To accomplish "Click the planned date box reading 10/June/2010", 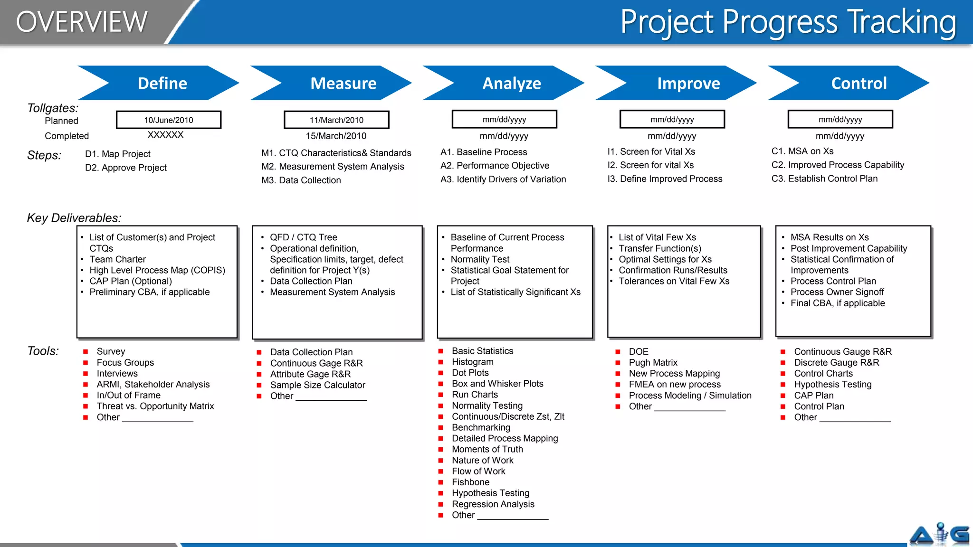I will tap(169, 120).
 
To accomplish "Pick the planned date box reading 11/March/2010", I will tap(336, 120).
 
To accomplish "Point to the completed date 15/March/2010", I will tap(336, 136).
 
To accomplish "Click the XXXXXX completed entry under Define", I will tap(165, 135).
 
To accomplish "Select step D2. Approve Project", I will tap(126, 168).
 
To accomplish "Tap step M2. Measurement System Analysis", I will tap(333, 167).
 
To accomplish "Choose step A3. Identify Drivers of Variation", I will tap(503, 179).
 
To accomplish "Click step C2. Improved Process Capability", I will tap(838, 165).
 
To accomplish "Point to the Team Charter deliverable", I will tap(117, 259).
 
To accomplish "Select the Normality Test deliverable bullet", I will tap(480, 259).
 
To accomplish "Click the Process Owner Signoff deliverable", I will tap(837, 292).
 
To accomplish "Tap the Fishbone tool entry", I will tap(470, 482).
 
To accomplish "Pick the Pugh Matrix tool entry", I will tap(653, 363).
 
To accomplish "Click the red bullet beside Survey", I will tap(86, 352).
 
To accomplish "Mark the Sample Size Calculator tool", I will tap(317, 385).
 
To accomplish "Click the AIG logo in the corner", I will tap(939, 534).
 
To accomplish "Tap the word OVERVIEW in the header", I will tap(82, 22).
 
